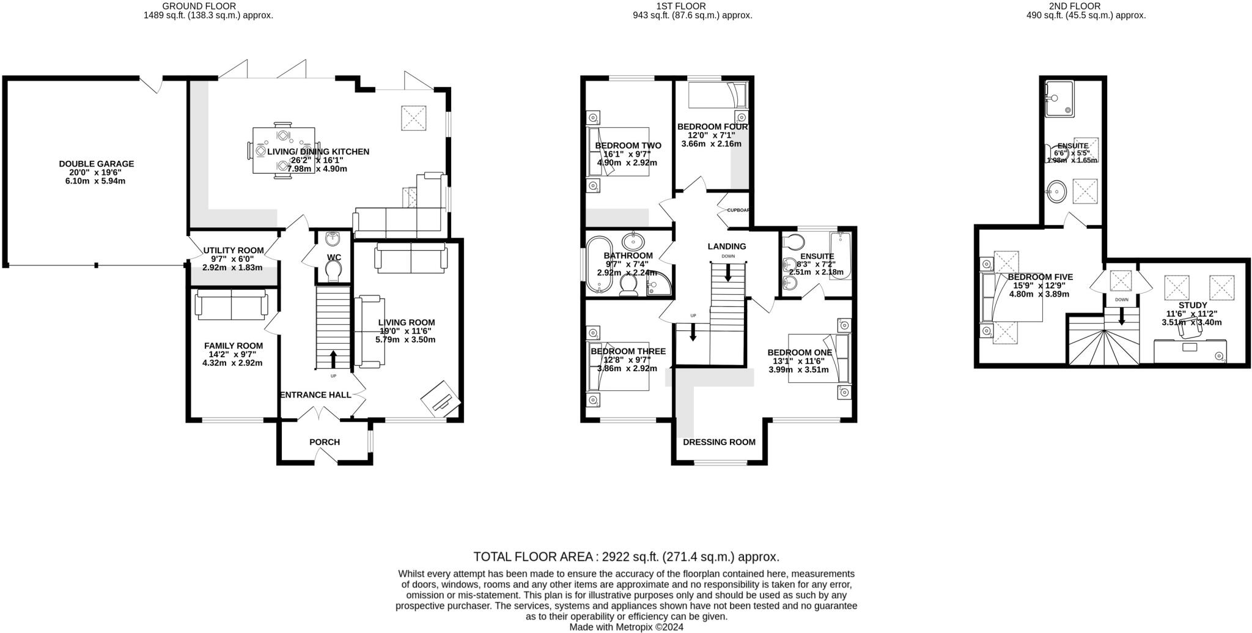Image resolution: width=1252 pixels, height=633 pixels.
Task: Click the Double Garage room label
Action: pos(96,164)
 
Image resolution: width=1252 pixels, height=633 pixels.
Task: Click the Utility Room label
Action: pos(233,250)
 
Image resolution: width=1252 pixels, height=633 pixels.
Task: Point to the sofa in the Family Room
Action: pos(232,305)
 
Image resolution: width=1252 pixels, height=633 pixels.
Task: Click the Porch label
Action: pos(324,442)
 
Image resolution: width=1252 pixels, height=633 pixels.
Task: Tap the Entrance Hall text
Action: pos(315,395)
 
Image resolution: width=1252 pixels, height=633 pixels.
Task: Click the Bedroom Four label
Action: pos(712,127)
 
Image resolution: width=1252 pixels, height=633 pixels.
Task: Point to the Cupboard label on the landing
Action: pos(738,210)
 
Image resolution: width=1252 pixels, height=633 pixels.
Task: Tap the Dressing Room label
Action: pos(719,442)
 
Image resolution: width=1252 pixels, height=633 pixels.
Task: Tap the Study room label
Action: pos(1192,305)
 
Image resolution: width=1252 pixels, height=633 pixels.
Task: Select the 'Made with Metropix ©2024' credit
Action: pos(626,627)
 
